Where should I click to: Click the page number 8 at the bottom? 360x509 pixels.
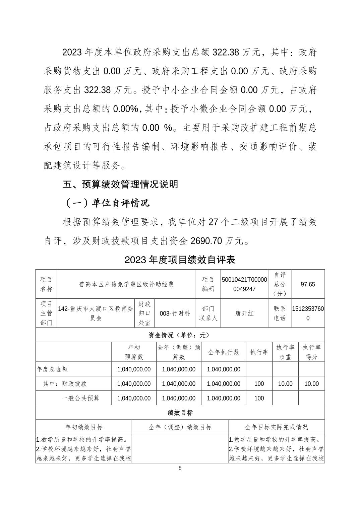pos(180,468)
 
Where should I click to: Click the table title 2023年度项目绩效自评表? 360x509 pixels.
pos(180,260)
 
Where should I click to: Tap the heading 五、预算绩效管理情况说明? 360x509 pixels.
pos(121,184)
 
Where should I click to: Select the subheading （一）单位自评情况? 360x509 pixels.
pos(107,203)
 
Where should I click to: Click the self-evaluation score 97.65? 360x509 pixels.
pos(308,284)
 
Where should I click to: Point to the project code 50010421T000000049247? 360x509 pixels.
pos(244,284)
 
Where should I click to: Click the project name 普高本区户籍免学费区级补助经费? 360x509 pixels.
pos(126,284)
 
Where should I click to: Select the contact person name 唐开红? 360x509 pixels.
pos(244,313)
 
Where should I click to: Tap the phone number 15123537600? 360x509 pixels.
pos(308,313)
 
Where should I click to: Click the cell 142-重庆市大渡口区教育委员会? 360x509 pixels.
pos(96,313)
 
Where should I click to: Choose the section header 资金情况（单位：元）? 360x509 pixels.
pos(180,335)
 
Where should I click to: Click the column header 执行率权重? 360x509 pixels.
pos(285,352)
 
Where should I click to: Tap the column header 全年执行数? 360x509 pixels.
pos(224,352)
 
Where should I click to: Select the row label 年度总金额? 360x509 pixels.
pos(52,369)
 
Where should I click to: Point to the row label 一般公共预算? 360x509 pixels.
pos(81,398)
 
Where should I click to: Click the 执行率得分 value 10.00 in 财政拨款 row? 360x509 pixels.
pos(311,384)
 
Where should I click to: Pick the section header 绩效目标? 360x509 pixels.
pos(180,413)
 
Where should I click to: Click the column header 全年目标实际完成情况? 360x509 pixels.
pos(276,427)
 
